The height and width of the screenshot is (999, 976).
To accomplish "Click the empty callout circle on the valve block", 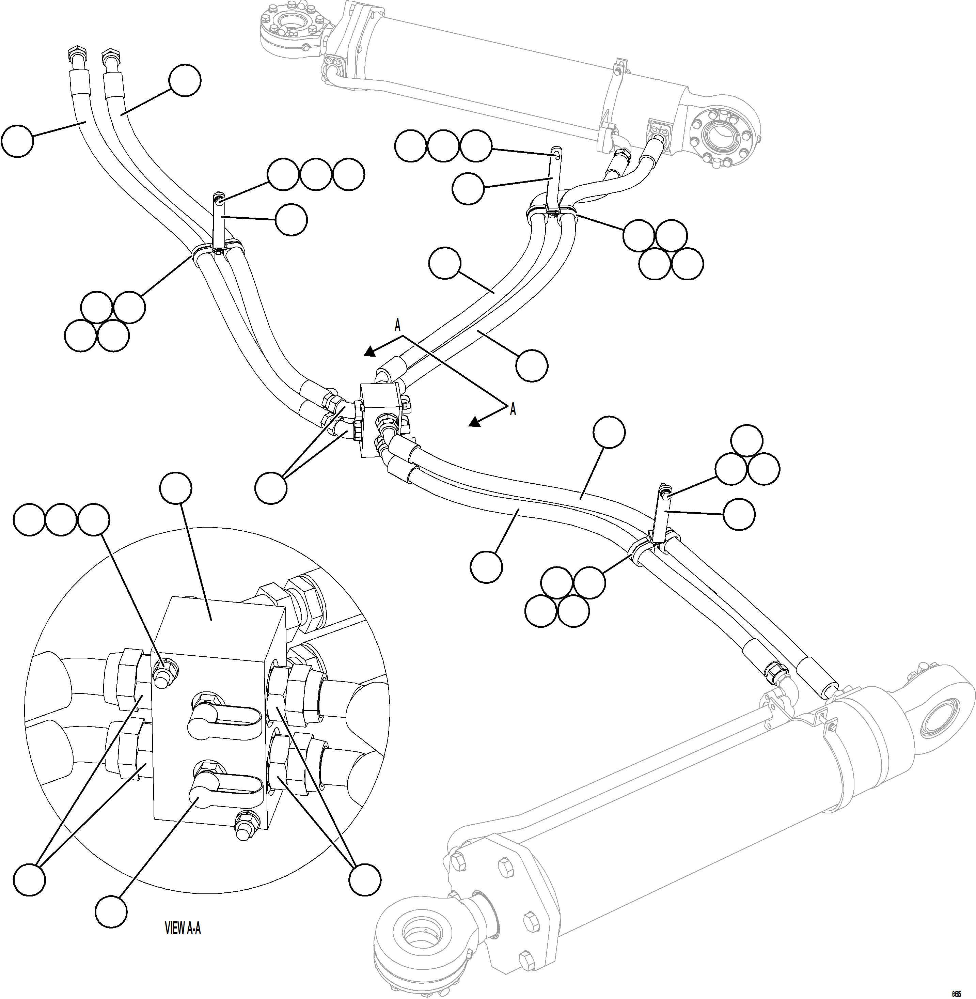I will [176, 488].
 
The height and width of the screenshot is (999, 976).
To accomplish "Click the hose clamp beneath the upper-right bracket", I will [552, 211].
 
